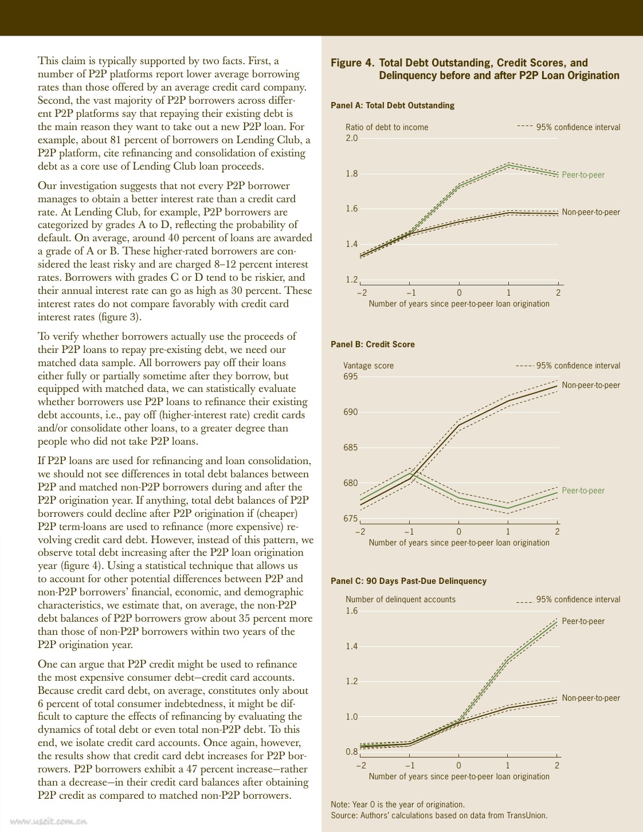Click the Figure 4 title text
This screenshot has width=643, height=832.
[475, 69]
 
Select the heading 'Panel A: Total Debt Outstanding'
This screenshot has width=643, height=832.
[392, 105]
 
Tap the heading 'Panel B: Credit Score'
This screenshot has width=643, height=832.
[373, 344]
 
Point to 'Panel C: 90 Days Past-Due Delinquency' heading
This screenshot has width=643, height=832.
[408, 581]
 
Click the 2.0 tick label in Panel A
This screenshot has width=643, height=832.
[351, 138]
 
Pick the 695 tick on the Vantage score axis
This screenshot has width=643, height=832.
[350, 376]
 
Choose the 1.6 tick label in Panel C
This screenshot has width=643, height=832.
[351, 611]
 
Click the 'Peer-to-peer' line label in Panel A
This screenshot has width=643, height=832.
[583, 175]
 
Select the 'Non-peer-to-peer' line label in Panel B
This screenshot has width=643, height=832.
[591, 385]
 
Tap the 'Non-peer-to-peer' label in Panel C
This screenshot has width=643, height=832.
[591, 698]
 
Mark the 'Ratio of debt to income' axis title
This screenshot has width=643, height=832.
[387, 127]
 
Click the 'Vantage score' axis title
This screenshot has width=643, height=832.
[368, 366]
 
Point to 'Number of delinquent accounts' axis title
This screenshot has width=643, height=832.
[401, 599]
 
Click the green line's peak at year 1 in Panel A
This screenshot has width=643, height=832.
[508, 165]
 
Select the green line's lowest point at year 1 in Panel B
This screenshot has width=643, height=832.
[508, 508]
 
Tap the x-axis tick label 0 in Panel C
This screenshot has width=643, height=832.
[458, 765]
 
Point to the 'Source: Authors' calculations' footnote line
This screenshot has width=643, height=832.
[439, 815]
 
